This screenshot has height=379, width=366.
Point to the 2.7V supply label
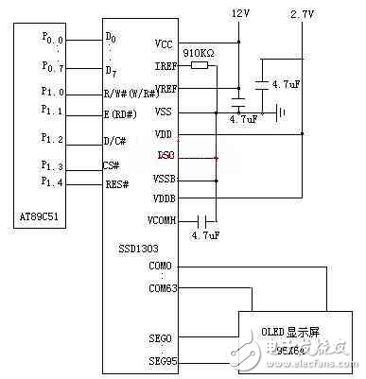coord(302,15)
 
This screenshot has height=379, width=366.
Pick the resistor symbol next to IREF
coord(200,66)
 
